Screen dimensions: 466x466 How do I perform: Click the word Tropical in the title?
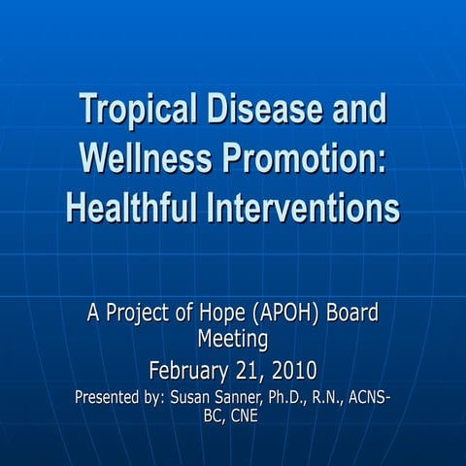tap(134, 109)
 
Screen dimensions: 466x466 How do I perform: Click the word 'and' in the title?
tap(354, 109)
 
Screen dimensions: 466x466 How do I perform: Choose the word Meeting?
tap(233, 340)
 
